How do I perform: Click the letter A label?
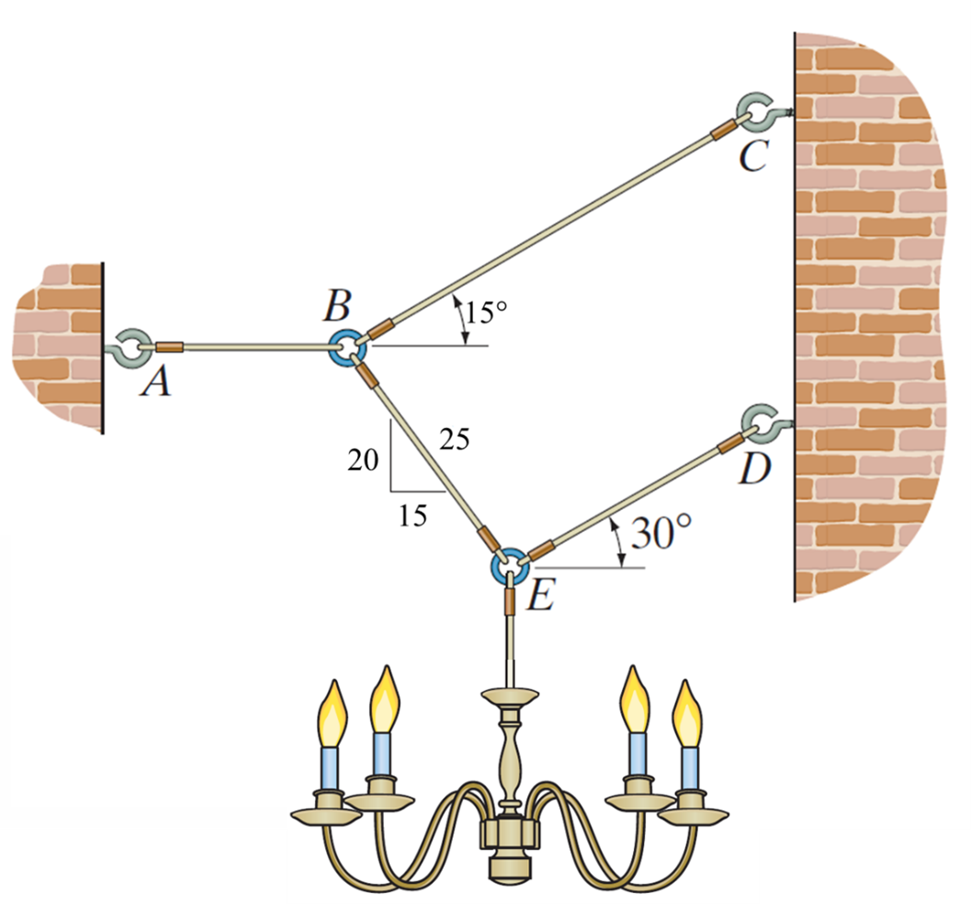pyautogui.click(x=157, y=382)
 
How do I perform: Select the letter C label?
pyautogui.click(x=752, y=157)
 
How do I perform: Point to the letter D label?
pyautogui.click(x=754, y=469)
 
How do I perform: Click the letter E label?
pyautogui.click(x=540, y=598)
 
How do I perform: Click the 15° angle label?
pyautogui.click(x=486, y=312)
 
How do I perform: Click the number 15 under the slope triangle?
pyautogui.click(x=413, y=516)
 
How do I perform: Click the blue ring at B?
pyautogui.click(x=348, y=348)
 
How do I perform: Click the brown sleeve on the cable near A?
pyautogui.click(x=169, y=347)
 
